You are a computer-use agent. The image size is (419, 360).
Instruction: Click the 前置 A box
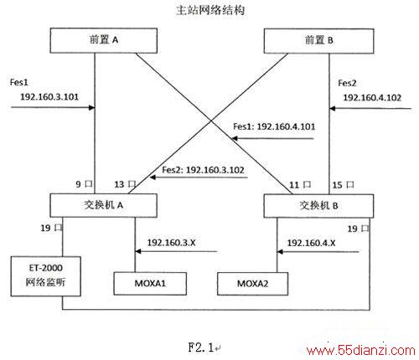click(x=104, y=40)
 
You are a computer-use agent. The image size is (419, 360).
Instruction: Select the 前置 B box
click(x=318, y=41)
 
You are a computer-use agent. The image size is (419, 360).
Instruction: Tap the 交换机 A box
click(x=103, y=205)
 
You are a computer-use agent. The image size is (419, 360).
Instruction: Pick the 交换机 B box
click(x=318, y=206)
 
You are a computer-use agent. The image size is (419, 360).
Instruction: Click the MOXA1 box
click(x=150, y=284)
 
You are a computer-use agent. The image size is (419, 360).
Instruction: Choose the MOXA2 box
click(x=252, y=284)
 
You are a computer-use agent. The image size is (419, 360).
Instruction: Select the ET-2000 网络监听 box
click(x=46, y=276)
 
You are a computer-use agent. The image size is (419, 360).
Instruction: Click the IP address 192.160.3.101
click(x=49, y=97)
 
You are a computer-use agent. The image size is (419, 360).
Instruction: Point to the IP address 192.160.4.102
click(x=372, y=98)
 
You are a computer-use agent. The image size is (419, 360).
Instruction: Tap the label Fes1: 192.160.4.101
click(x=274, y=126)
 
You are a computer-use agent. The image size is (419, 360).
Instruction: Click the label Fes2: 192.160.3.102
click(x=203, y=170)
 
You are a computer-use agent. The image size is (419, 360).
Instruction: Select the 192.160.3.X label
click(x=171, y=243)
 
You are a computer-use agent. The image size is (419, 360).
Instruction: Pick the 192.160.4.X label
click(x=311, y=243)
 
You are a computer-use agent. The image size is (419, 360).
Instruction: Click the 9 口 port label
click(x=84, y=184)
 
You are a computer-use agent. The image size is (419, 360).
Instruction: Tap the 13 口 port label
click(x=125, y=184)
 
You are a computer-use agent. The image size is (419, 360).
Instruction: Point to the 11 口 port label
click(x=300, y=185)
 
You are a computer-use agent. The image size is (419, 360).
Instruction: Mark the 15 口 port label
click(x=343, y=185)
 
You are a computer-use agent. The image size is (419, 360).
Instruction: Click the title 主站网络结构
click(x=210, y=10)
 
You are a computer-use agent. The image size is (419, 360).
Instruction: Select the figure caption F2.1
click(x=201, y=347)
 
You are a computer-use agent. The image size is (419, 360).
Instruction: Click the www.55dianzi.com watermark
click(x=361, y=350)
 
